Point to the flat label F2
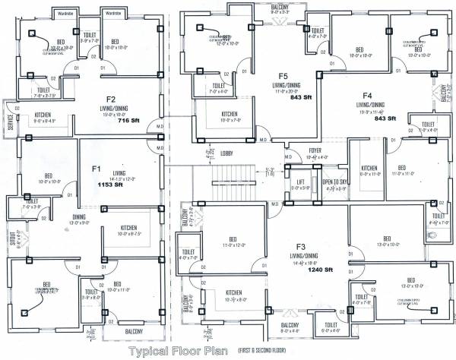110,99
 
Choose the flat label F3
301,248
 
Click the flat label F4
367,96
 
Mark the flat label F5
283,76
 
